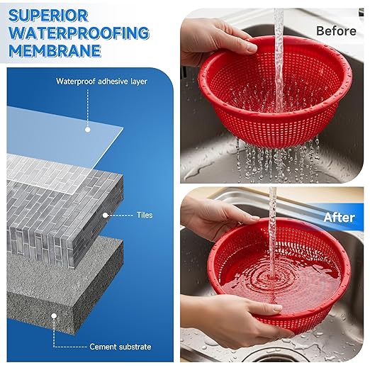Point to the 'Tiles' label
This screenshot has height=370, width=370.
click(x=144, y=215)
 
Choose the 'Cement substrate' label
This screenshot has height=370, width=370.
click(x=120, y=347)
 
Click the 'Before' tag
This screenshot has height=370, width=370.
click(x=335, y=30)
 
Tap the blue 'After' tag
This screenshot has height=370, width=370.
click(x=339, y=218)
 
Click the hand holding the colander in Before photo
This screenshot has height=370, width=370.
click(x=213, y=43)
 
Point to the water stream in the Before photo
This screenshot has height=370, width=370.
click(x=279, y=43)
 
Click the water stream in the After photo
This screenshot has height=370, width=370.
click(x=271, y=220)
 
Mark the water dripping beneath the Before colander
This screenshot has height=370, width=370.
click(x=276, y=152)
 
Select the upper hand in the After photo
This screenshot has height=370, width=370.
click(x=213, y=216)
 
